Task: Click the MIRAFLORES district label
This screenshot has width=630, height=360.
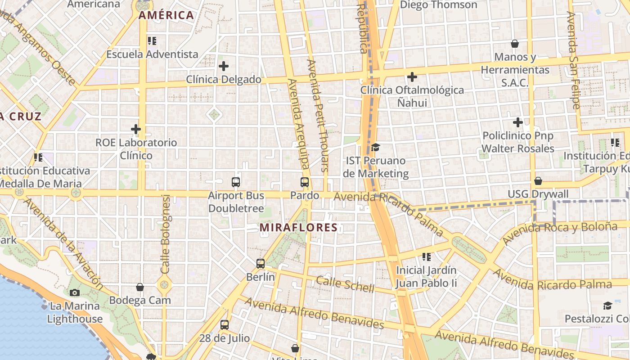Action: point(298,228)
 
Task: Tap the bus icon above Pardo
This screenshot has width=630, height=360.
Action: point(305,182)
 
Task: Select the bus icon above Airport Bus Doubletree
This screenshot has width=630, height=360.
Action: point(236,182)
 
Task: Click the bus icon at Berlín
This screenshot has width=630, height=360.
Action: point(261,264)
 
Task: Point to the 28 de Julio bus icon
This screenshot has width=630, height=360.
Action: point(225,324)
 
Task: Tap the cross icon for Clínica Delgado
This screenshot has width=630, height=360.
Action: point(224,67)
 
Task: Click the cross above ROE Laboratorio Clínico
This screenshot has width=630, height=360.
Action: point(136,129)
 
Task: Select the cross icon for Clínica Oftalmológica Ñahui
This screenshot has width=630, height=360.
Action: point(412,77)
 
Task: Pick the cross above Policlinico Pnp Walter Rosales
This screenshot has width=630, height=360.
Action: point(518,122)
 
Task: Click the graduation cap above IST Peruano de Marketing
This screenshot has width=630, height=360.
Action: point(375,148)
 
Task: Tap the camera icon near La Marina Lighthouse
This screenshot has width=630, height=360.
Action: point(75,293)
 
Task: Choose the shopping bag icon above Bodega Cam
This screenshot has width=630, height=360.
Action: point(140,287)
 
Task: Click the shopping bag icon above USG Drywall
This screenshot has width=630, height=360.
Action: point(538,181)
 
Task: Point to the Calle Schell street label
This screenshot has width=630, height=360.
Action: point(345,284)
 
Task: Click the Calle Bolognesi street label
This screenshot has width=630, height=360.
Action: point(166,234)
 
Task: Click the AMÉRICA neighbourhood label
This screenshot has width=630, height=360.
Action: point(166,15)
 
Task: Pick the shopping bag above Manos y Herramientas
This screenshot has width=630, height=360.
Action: point(515,44)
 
